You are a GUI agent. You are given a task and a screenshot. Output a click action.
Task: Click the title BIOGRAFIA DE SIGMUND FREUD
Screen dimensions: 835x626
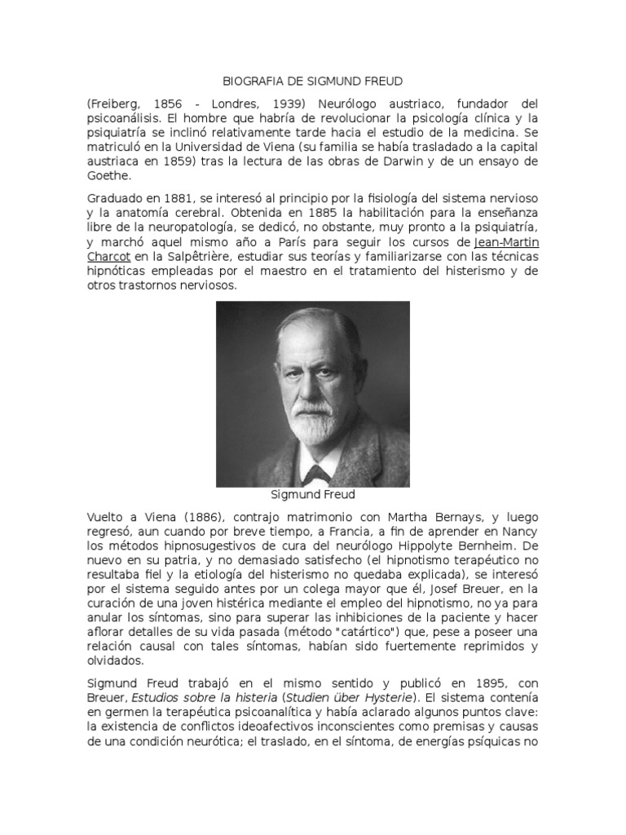312,82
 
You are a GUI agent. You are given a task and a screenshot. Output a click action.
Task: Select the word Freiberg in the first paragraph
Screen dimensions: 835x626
114,106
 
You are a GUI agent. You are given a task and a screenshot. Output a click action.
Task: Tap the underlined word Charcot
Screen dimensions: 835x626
108,257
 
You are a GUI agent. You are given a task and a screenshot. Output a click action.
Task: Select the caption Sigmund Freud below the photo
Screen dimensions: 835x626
312,494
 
